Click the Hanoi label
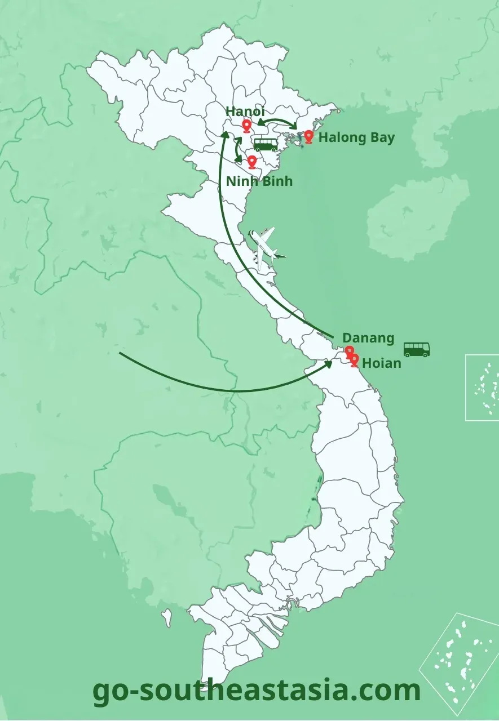coord(245,112)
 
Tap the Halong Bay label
coord(356,137)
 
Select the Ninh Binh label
coord(259,181)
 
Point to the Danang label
coord(368,338)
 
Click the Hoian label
coord(382,363)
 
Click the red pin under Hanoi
coord(246,126)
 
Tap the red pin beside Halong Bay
coord(308,136)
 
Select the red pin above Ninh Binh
coord(251,162)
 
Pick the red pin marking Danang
coord(349,351)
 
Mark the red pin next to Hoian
coord(354,359)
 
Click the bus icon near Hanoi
coord(266,144)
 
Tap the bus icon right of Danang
coord(417,349)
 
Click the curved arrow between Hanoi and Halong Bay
coord(279,122)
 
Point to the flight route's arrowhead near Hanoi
coord(224,135)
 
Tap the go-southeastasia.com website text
coord(257,690)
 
